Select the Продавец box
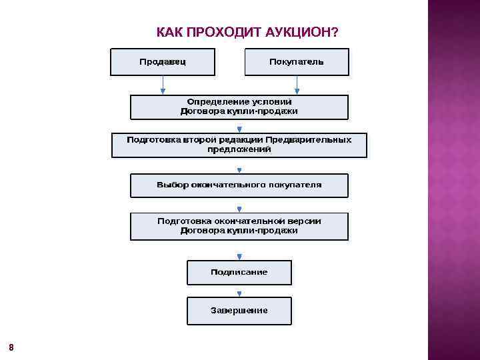[163, 62]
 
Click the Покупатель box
[297, 62]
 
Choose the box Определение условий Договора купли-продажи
[239, 107]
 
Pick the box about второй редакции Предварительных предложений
[239, 145]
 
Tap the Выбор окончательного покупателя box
[239, 185]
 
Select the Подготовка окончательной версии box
[239, 226]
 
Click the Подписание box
[239, 272]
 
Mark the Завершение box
[239, 310]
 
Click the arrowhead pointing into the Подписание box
[239, 257]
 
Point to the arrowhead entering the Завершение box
[239, 294]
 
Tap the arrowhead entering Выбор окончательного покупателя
[239, 170]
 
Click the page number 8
[11, 347]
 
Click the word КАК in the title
[169, 33]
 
